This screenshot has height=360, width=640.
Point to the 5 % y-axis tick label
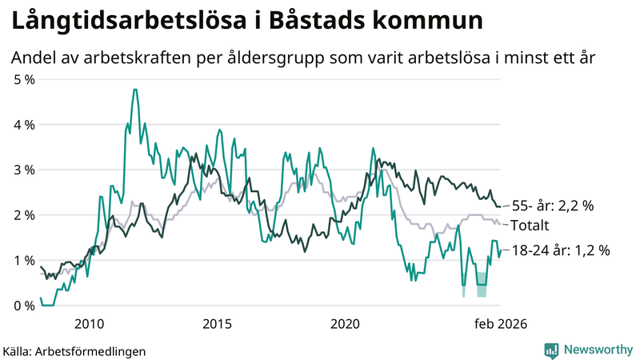pyautogui.click(x=25, y=79)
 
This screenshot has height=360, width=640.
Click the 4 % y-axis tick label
pyautogui.click(x=25, y=125)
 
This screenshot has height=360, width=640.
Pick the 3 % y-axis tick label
pyautogui.click(x=25, y=170)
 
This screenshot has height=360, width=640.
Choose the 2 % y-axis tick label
pyautogui.click(x=25, y=215)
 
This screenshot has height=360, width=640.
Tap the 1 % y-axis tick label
pyautogui.click(x=25, y=260)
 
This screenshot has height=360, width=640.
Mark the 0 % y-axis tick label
pyautogui.click(x=25, y=306)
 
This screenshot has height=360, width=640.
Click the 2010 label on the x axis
pyautogui.click(x=89, y=323)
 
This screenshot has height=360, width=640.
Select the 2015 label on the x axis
pyautogui.click(x=217, y=323)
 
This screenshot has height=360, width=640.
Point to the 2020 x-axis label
pyautogui.click(x=346, y=323)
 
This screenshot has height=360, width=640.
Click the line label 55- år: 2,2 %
pyautogui.click(x=553, y=206)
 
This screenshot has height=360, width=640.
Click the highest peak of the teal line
pyautogui.click(x=134, y=90)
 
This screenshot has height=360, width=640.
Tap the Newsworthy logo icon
pyautogui.click(x=551, y=350)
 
